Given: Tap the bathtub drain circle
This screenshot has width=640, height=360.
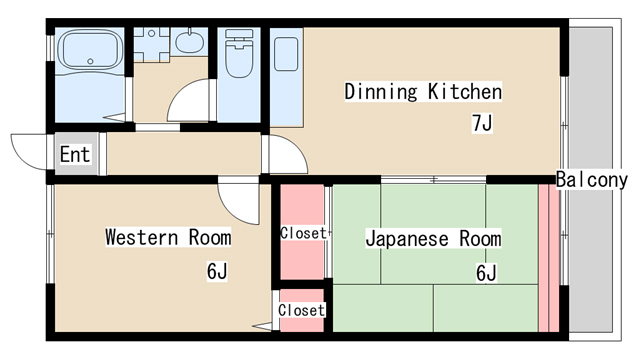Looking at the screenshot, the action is point(90,62).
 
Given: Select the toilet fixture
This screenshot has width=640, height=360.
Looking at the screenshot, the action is point(239,53).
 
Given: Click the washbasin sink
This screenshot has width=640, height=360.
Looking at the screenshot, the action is point(190,41).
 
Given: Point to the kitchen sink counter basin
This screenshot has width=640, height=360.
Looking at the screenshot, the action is point(286,54).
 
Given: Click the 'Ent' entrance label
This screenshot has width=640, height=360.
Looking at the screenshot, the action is point(75,154).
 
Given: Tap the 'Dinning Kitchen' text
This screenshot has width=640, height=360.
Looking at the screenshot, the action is point(423,91).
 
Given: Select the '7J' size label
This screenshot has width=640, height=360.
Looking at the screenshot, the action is point(482,123).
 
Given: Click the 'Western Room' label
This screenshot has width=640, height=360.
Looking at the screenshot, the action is point(168,237).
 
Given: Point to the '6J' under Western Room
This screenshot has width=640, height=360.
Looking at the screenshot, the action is point(217,271).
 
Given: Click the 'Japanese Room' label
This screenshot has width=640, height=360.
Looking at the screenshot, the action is point(433,238).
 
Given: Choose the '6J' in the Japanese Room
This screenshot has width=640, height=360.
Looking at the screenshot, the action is point(486,273).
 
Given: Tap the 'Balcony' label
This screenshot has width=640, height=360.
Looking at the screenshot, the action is point(591,180).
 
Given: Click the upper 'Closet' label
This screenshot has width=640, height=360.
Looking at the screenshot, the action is point(303,233).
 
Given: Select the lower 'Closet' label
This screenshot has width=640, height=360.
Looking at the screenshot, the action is point(302,310).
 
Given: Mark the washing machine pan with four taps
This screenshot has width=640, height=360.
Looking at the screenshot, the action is point(151,44).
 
